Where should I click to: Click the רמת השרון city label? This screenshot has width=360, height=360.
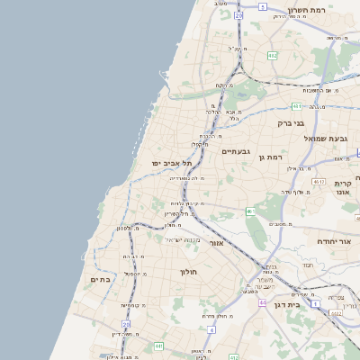[311, 11]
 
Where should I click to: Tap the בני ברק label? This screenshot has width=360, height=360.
[291, 122]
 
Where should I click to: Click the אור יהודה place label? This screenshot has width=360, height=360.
[337, 241]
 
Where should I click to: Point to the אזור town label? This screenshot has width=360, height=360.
[216, 243]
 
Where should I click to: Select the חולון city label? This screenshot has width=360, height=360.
[188, 271]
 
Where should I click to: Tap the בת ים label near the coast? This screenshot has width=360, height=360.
[100, 280]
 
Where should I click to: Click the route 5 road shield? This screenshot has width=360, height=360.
[262, 6]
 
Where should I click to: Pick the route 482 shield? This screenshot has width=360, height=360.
[272, 56]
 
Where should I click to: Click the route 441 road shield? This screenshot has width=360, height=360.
[158, 346]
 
